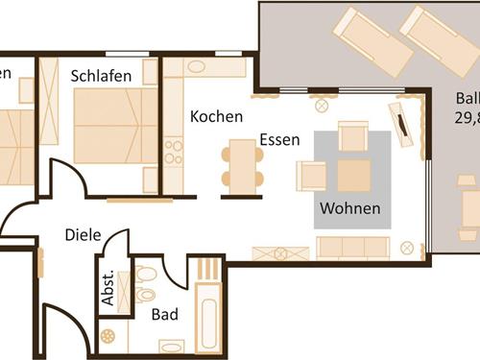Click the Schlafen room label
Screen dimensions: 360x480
click(x=101, y=75)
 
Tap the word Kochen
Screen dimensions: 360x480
click(x=216, y=116)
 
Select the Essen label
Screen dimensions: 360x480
click(x=279, y=139)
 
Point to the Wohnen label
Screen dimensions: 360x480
click(x=350, y=208)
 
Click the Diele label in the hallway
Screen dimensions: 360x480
click(x=84, y=233)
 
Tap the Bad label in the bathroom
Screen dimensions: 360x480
click(x=165, y=313)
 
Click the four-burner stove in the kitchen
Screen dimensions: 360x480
click(x=174, y=152)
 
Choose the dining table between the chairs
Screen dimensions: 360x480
click(x=240, y=165)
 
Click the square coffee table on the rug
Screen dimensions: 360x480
click(x=353, y=176)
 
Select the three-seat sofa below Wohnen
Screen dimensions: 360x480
click(x=352, y=247)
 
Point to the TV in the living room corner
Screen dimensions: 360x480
click(x=401, y=121)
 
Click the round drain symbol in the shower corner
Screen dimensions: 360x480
click(x=108, y=336)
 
